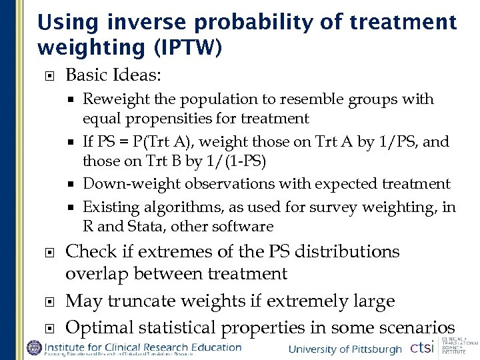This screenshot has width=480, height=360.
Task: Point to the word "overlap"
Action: tap(96, 273)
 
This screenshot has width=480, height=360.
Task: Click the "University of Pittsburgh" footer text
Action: tap(345, 349)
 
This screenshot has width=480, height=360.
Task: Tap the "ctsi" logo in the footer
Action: tap(421, 348)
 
